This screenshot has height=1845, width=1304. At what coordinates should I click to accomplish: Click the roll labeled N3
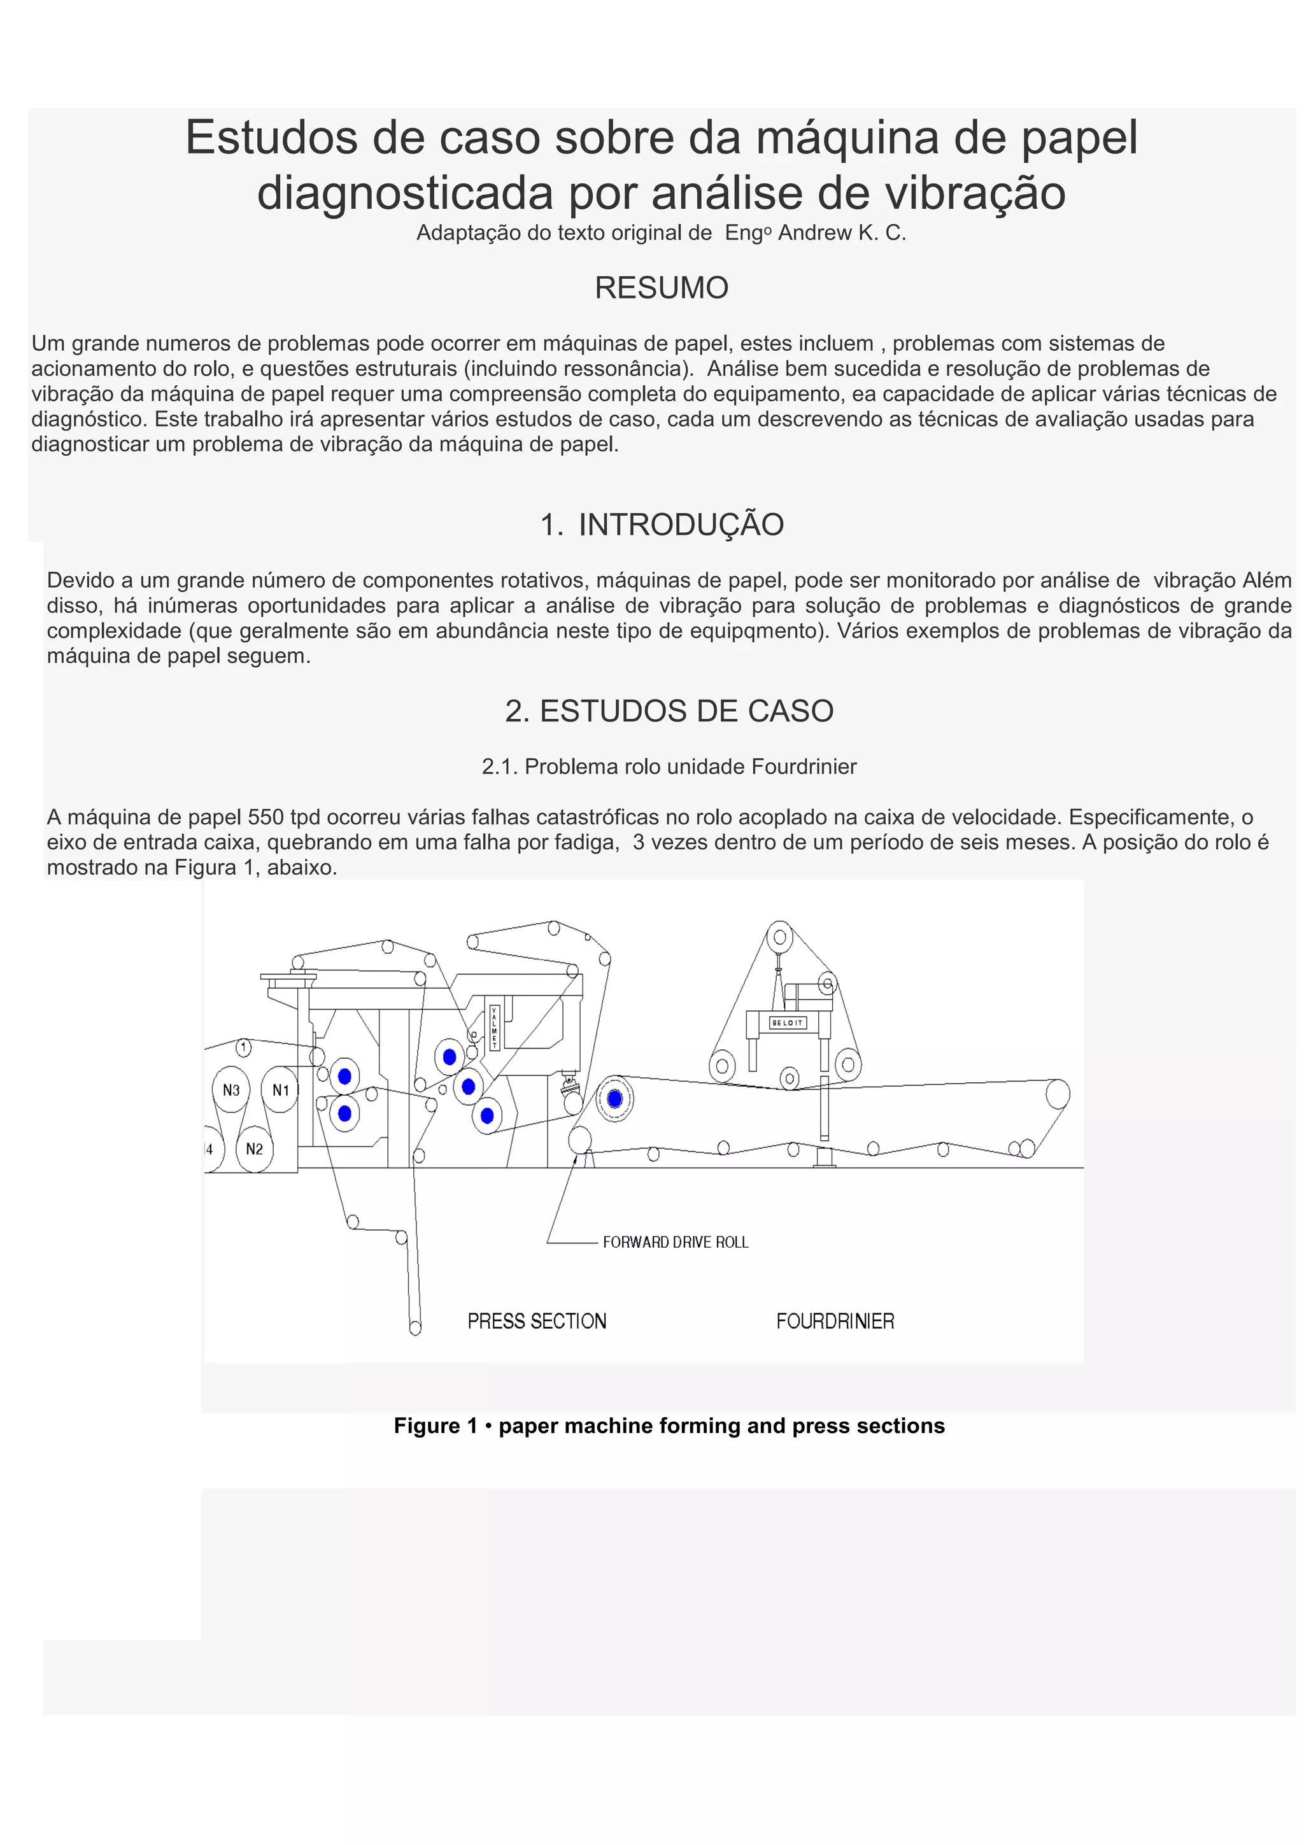230,1091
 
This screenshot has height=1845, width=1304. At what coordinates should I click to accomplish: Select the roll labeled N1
280,1091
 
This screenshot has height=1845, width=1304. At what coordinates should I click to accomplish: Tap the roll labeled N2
255,1149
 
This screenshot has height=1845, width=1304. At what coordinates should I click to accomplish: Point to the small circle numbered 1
243,1047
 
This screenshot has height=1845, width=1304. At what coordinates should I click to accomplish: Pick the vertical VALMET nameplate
494,1027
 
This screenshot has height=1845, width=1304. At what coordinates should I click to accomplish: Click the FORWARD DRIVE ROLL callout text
675,1242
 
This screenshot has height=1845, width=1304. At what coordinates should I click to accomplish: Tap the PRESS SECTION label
537,1321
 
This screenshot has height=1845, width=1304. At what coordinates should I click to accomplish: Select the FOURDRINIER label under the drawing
835,1321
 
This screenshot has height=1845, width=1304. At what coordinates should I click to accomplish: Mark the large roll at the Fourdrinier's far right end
1058,1094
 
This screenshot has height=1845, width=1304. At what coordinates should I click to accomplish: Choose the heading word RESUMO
662,288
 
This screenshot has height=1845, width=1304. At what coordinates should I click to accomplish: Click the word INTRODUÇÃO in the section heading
681,525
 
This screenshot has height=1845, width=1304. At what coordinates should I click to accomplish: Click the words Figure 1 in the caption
436,1425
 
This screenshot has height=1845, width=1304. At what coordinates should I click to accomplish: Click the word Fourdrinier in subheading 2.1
804,767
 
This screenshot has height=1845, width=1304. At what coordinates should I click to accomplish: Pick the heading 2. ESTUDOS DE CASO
669,711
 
